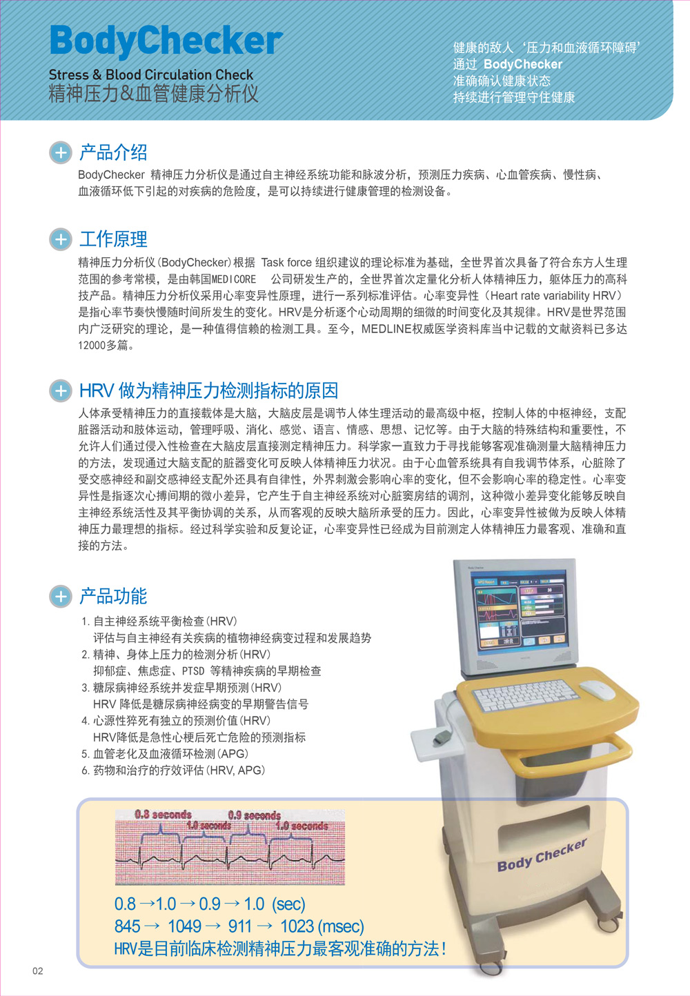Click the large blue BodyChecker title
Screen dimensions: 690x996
click(166, 41)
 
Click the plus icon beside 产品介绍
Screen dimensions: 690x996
click(61, 153)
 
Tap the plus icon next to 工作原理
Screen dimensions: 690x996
click(61, 239)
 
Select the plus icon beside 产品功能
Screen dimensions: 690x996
click(61, 597)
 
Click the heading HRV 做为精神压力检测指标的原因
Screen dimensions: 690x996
click(208, 391)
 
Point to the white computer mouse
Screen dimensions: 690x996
click(597, 690)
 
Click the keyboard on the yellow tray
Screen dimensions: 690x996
click(525, 695)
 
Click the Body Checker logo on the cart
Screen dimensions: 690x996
click(542, 855)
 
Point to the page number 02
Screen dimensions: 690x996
click(38, 971)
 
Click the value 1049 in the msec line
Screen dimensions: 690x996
click(184, 926)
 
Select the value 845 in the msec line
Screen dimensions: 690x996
click(127, 926)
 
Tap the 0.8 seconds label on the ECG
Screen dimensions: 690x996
click(163, 815)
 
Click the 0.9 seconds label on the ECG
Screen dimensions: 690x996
click(255, 815)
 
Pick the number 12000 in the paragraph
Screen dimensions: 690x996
click(92, 346)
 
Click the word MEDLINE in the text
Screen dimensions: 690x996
click(386, 329)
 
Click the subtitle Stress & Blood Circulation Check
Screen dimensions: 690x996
click(151, 74)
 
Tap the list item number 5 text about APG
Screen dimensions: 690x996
click(165, 754)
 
